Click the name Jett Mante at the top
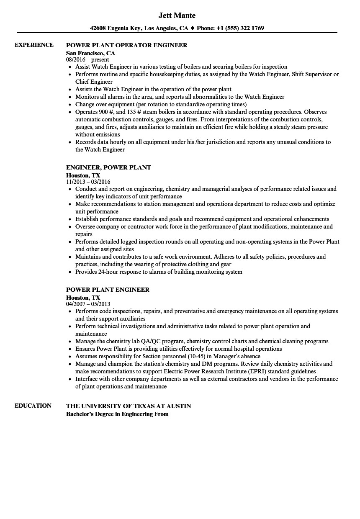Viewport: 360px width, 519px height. point(177,15)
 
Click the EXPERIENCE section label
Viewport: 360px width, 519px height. point(34,45)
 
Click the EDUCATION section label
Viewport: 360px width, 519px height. point(33,406)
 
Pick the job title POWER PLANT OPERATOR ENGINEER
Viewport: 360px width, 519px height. point(127,45)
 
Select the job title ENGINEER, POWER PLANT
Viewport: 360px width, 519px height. point(108,167)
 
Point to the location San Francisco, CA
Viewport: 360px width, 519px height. point(90,53)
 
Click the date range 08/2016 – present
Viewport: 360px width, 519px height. point(87,60)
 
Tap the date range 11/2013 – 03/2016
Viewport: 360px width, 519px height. point(88,182)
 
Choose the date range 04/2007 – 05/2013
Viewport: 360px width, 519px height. point(88,304)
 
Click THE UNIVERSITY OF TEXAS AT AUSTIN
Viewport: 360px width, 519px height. point(129,406)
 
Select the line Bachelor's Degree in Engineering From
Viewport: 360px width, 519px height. point(117,414)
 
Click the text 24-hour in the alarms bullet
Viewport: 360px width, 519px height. point(110,272)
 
